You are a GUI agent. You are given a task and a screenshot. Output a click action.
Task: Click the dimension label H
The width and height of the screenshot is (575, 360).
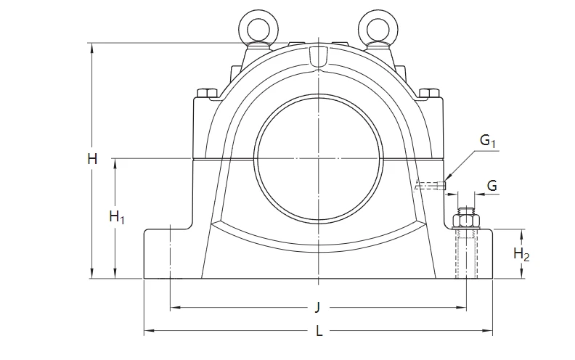point(92,159)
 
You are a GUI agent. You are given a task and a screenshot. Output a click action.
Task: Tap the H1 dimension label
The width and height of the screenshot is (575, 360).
point(117,217)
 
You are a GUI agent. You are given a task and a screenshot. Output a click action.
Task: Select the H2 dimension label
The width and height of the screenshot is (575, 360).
point(521,254)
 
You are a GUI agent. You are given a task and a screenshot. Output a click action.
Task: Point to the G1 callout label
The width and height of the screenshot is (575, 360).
point(488,140)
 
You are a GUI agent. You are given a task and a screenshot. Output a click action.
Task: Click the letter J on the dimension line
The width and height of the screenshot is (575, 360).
point(317,307)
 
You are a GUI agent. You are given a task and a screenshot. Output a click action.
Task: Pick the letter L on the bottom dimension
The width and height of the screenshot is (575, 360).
point(319,332)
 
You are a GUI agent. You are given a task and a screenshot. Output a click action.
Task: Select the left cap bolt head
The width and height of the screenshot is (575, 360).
point(207,93)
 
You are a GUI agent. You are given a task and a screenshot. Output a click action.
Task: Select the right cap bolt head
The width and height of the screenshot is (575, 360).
point(429,93)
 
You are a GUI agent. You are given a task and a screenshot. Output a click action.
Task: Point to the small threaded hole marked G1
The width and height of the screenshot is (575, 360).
point(431,186)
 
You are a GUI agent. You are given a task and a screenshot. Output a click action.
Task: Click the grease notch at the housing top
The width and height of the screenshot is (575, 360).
point(318,57)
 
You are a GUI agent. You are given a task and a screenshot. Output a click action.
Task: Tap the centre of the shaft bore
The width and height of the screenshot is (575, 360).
point(318,158)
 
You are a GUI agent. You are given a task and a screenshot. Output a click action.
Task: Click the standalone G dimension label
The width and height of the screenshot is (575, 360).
point(492,187)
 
